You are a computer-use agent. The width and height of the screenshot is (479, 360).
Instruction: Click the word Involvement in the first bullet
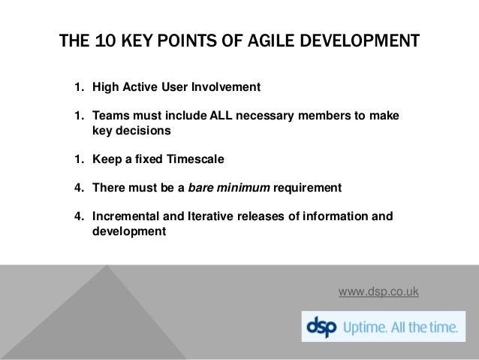(225, 88)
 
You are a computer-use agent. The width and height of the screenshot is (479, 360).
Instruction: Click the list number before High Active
(78, 88)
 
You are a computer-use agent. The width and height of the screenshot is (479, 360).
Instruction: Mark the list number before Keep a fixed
(78, 159)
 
